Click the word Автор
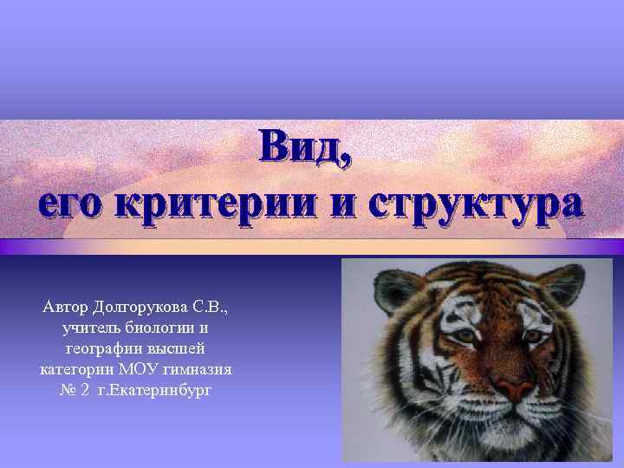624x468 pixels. (67, 307)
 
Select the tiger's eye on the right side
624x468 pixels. (536, 333)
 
